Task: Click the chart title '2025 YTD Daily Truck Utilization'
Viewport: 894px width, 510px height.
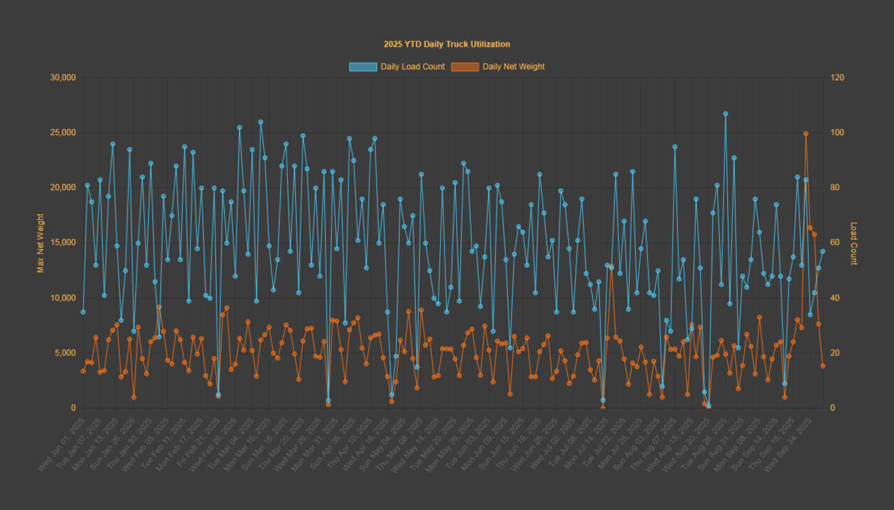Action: coord(447,44)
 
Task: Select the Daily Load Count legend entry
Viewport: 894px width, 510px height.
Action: coord(397,66)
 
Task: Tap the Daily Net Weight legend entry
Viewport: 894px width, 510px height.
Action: coord(499,66)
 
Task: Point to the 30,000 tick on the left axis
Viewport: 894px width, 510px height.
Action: coord(63,78)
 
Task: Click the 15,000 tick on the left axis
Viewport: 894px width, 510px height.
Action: coord(63,243)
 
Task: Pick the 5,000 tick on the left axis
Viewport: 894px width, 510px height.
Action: coord(65,353)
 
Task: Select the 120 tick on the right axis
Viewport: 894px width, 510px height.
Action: coord(837,78)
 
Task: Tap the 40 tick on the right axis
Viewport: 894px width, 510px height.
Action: coord(835,298)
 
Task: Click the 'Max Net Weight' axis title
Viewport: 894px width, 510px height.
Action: coord(41,243)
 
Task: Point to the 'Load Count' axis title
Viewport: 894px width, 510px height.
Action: coord(854,243)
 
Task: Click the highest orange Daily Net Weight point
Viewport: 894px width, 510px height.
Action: coord(806,134)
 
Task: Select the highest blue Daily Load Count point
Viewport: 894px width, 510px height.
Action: coord(725,114)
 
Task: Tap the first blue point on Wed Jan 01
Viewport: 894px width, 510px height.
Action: coord(83,312)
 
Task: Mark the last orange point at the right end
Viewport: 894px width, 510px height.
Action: coord(823,366)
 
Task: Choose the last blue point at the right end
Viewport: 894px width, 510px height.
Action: coord(823,252)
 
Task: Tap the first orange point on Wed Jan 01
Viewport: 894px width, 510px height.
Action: coord(83,371)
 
